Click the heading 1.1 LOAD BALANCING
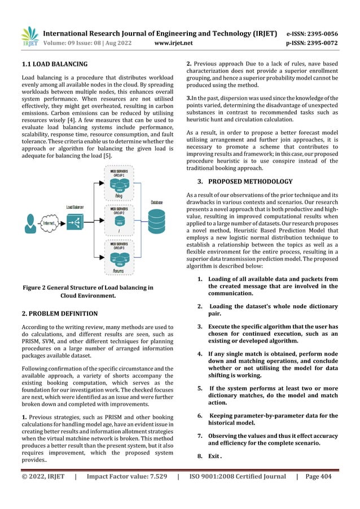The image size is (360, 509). pos(54,64)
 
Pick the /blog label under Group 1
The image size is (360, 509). pos(119,197)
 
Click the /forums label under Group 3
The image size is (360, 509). pos(119,269)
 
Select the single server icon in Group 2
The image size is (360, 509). pos(119,223)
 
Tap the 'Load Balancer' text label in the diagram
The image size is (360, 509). pos(75,207)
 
